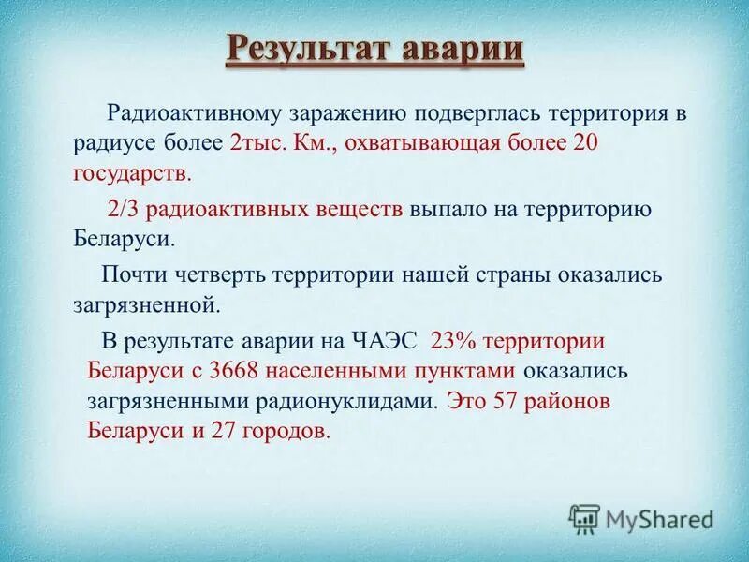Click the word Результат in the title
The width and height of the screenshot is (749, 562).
[x=307, y=48]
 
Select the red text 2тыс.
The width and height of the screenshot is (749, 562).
[x=256, y=144]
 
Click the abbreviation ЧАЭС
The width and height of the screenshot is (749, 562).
[x=386, y=341]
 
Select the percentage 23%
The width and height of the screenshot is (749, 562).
[x=453, y=341]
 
